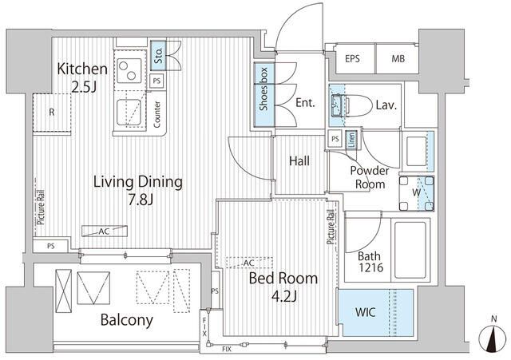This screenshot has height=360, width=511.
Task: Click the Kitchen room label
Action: click(x=82, y=69)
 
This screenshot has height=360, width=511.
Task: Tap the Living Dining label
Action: click(x=138, y=182)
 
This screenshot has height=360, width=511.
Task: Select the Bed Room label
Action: click(x=283, y=279)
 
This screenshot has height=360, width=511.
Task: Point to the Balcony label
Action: click(x=127, y=320)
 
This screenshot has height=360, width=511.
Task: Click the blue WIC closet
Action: click(x=376, y=312)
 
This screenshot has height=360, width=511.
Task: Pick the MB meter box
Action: click(x=398, y=59)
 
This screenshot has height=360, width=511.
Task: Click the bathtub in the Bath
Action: click(x=410, y=250)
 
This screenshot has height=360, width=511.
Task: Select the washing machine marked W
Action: click(x=417, y=193)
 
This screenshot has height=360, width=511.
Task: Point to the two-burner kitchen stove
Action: click(x=129, y=70)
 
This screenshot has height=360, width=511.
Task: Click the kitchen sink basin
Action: click(x=129, y=113)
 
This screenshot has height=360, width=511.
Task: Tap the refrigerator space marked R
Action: click(x=52, y=113)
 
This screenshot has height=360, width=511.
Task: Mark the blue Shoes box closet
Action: click(x=264, y=94)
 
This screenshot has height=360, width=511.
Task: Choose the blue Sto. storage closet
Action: click(x=158, y=55)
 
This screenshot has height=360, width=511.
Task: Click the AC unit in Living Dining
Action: click(x=105, y=231)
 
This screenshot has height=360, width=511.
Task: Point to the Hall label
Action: click(x=299, y=161)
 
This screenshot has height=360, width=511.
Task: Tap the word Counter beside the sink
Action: click(x=157, y=114)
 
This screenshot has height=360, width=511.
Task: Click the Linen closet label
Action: click(x=351, y=140)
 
